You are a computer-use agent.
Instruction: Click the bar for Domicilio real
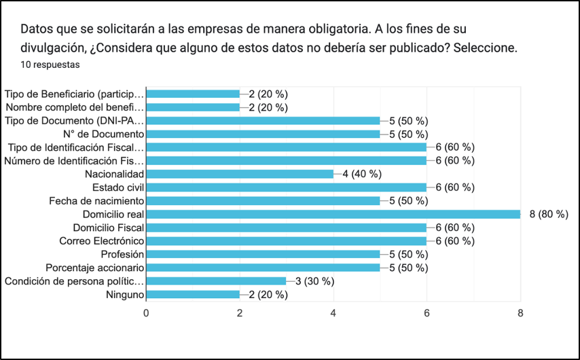point(333,214)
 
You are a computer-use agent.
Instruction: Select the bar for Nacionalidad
point(240,174)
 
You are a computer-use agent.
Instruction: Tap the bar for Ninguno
point(193,295)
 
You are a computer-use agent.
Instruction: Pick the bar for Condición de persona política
point(216,281)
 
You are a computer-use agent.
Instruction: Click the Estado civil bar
point(286,187)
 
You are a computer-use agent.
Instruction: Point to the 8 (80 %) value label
point(549,214)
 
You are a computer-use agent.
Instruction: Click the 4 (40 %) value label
point(361,174)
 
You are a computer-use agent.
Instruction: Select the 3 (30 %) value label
point(314,281)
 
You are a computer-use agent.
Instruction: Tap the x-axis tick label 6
point(427,313)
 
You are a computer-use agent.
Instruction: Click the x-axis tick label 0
point(146,313)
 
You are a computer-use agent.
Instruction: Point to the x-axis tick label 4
point(333,313)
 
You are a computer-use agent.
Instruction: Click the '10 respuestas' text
point(50,65)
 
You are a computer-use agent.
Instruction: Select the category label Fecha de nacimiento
point(96,201)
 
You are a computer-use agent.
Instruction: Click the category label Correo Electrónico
point(101,241)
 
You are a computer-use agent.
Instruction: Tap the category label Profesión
point(122,255)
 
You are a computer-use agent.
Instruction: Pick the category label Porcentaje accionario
point(94,268)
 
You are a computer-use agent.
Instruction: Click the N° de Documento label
point(102,134)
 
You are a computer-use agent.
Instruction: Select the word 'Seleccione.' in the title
point(489,49)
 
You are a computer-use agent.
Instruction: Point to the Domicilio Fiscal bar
point(286,228)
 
